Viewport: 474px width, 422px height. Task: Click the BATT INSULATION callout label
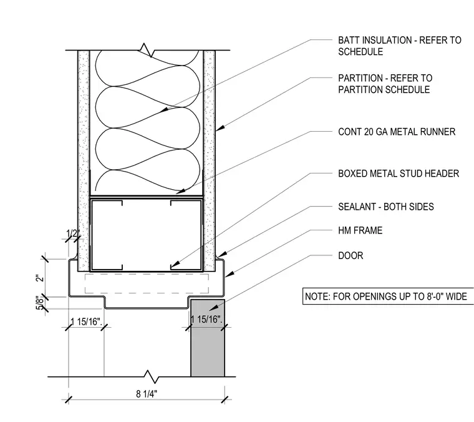pos(400,46)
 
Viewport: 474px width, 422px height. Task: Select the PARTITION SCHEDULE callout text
pos(385,84)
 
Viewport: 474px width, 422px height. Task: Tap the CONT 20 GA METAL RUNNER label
pos(397,132)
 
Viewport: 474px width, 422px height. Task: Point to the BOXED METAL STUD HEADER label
pos(399,174)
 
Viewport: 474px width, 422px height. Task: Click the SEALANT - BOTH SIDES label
pos(385,207)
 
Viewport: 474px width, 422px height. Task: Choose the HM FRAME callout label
pos(360,230)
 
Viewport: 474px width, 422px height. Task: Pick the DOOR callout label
pos(351,255)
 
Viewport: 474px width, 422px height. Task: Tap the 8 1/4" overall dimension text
pos(147,394)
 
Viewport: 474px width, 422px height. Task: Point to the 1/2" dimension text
pos(73,233)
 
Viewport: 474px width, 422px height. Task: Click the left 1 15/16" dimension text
pos(86,321)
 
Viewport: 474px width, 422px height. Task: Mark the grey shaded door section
pos(208,338)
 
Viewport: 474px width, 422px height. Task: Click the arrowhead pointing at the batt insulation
pos(163,110)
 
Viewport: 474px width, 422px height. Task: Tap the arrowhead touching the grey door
pos(213,308)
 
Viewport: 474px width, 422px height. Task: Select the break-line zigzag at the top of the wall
pos(147,50)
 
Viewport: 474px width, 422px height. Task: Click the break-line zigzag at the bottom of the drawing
pos(151,377)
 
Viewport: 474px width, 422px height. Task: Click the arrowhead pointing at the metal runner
pos(180,191)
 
